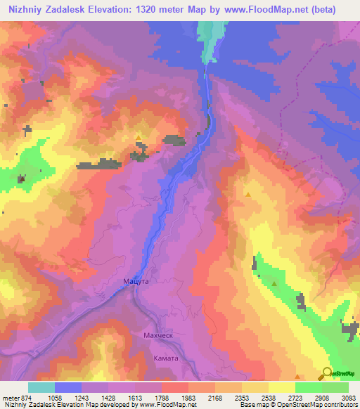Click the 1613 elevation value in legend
142,398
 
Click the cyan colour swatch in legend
41,387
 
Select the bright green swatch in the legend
309,387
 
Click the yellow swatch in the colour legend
282,387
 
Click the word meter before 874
11,398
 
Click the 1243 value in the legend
89,398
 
